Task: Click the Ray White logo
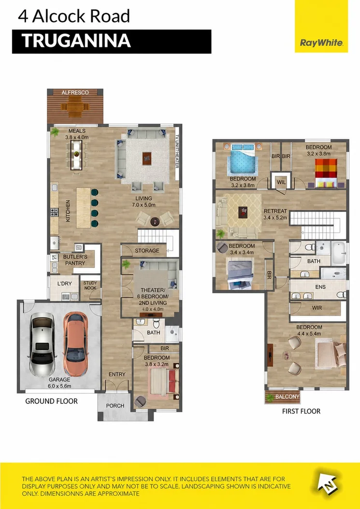point(321,43)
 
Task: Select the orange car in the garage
point(75,344)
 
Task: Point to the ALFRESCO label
point(75,93)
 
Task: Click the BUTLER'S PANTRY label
point(75,260)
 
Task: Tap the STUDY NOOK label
point(90,285)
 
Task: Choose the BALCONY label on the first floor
point(287,396)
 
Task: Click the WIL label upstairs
point(281,182)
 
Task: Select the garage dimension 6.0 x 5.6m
point(60,386)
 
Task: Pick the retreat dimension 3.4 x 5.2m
point(275,217)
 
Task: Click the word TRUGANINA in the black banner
point(76,41)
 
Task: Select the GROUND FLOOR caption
point(51,401)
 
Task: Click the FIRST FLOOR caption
point(301,411)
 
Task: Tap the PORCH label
point(115,406)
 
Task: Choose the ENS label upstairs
point(320,287)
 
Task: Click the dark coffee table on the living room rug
point(147,158)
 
